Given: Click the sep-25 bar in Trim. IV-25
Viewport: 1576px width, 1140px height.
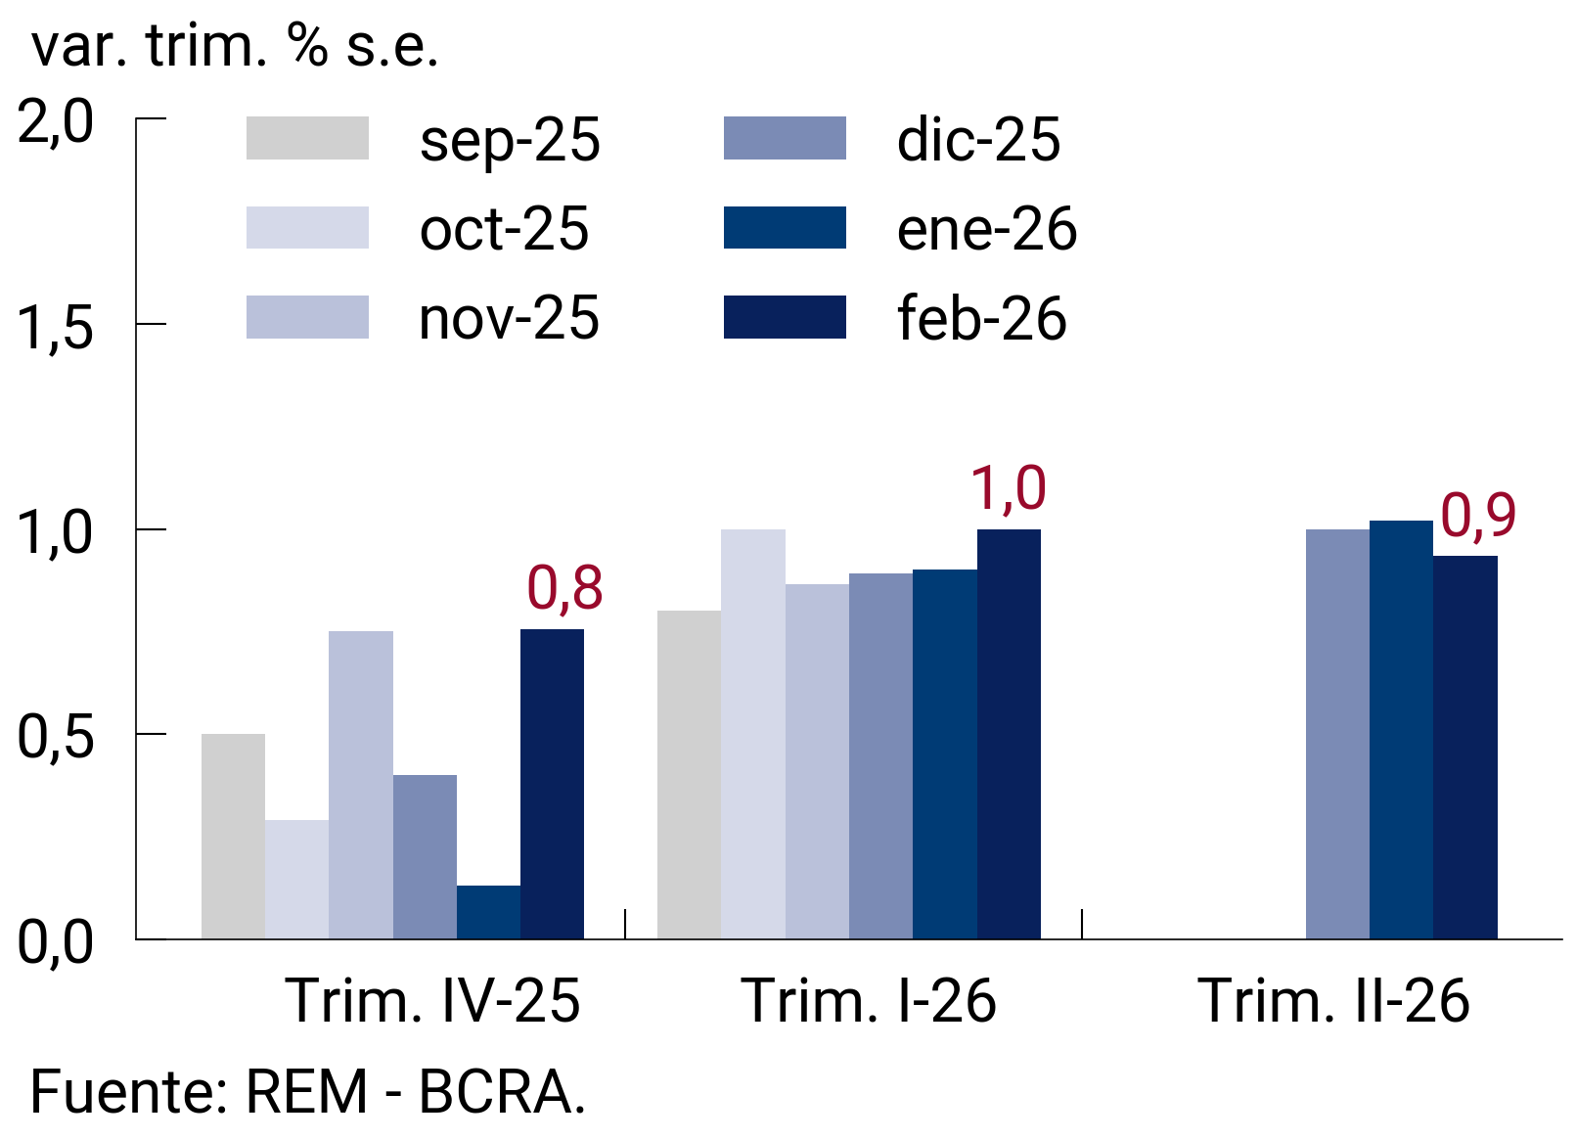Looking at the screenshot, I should point(233,837).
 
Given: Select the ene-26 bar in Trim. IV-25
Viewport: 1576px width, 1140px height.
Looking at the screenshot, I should point(488,912).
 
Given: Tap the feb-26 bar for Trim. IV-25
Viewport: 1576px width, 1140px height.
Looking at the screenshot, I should point(552,784).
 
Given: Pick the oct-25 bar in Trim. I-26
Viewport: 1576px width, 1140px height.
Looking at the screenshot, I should point(753,734).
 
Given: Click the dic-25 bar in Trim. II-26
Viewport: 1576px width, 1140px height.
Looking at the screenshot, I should point(1337,734).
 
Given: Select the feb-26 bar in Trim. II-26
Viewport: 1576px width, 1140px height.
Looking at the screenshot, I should point(1464,748).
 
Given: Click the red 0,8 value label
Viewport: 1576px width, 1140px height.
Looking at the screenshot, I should point(564,588).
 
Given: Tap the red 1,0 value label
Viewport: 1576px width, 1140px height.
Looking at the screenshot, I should point(1008,488).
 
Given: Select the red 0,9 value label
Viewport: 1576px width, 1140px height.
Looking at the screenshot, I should point(1478,516).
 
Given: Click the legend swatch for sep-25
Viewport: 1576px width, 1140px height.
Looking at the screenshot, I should point(307,138).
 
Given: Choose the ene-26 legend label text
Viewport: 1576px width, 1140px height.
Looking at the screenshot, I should point(986,229).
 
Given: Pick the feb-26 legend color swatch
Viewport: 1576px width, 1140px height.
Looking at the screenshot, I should point(785,317).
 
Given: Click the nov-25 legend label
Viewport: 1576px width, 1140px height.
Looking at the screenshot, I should point(509,319).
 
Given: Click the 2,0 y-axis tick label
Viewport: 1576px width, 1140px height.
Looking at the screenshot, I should point(56,123).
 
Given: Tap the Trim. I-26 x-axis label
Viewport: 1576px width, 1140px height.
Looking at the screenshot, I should point(869,1001).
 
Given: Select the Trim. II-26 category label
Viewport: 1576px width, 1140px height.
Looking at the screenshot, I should point(1333,1001).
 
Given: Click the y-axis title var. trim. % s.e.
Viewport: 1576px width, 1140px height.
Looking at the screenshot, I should point(235,45).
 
